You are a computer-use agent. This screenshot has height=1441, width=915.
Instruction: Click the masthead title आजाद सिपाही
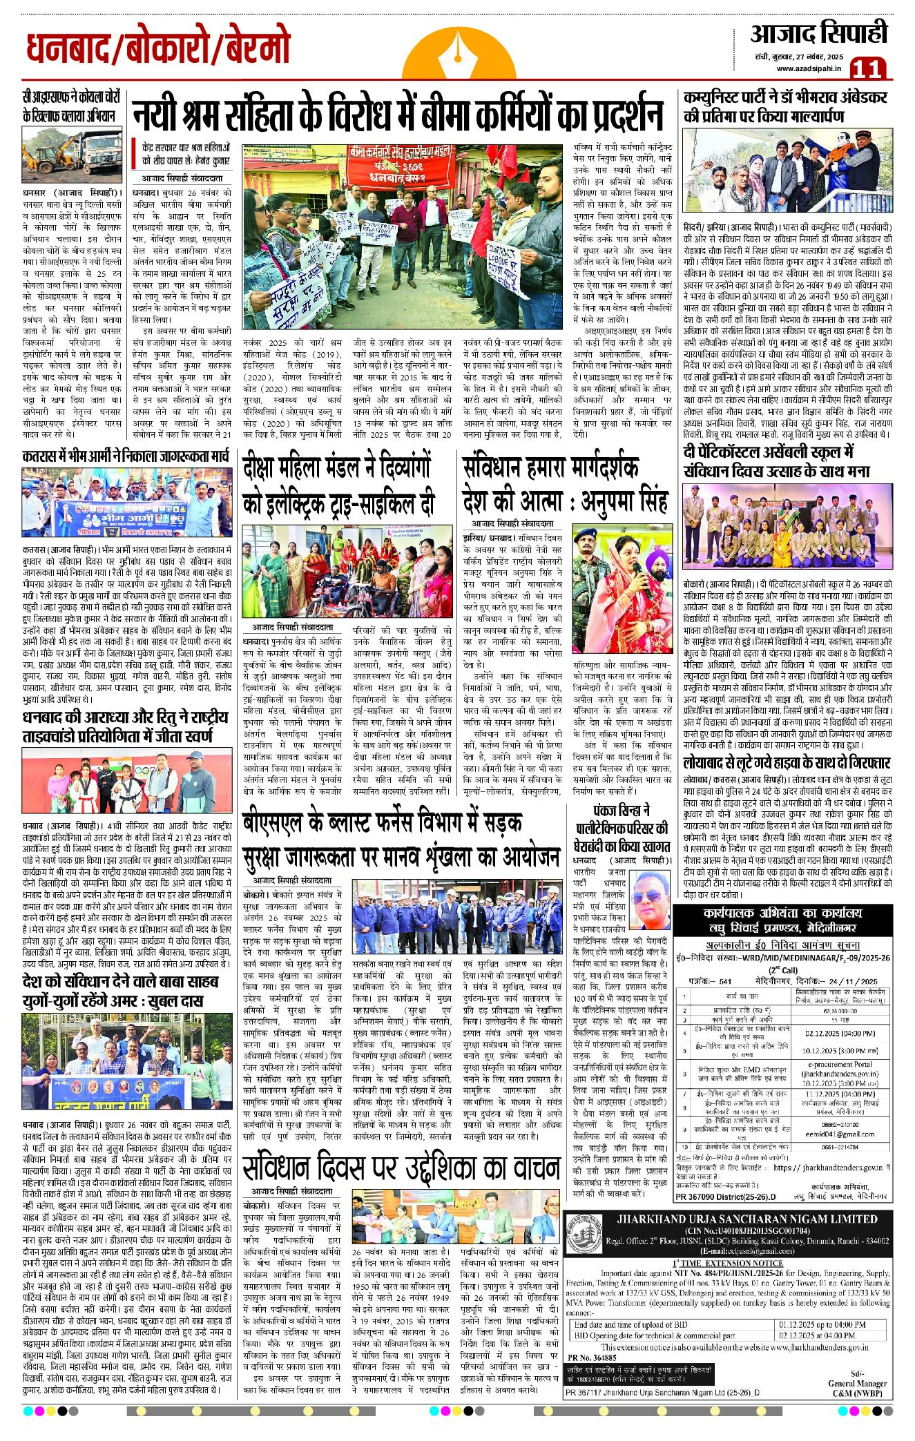tap(819, 33)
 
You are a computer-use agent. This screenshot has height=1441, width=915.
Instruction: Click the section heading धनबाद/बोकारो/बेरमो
tap(158, 48)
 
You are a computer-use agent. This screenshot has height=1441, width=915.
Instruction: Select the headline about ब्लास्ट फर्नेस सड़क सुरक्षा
tap(401, 840)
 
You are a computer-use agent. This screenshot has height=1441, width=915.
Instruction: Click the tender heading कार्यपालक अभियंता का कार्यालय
tap(783, 913)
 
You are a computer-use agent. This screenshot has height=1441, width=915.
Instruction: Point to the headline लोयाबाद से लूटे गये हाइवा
tap(786, 763)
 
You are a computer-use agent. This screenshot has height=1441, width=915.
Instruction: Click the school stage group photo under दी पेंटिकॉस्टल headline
tap(787, 528)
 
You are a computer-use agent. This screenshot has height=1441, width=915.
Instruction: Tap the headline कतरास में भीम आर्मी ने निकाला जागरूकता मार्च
tap(125, 456)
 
